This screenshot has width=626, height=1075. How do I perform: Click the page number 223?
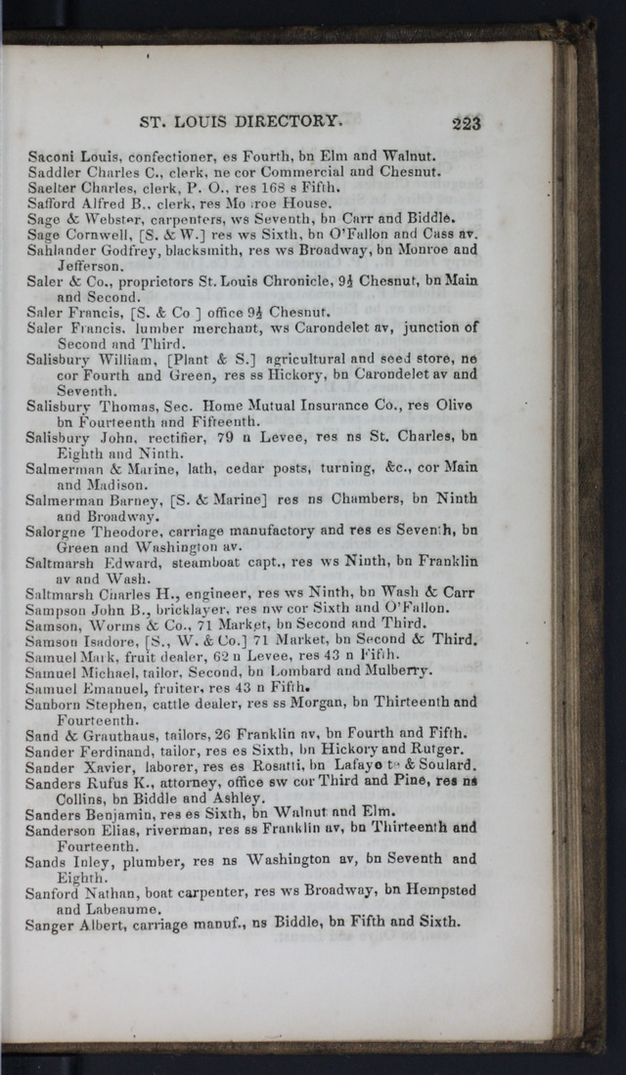point(466,122)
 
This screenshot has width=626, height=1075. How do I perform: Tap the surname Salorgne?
point(60,531)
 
